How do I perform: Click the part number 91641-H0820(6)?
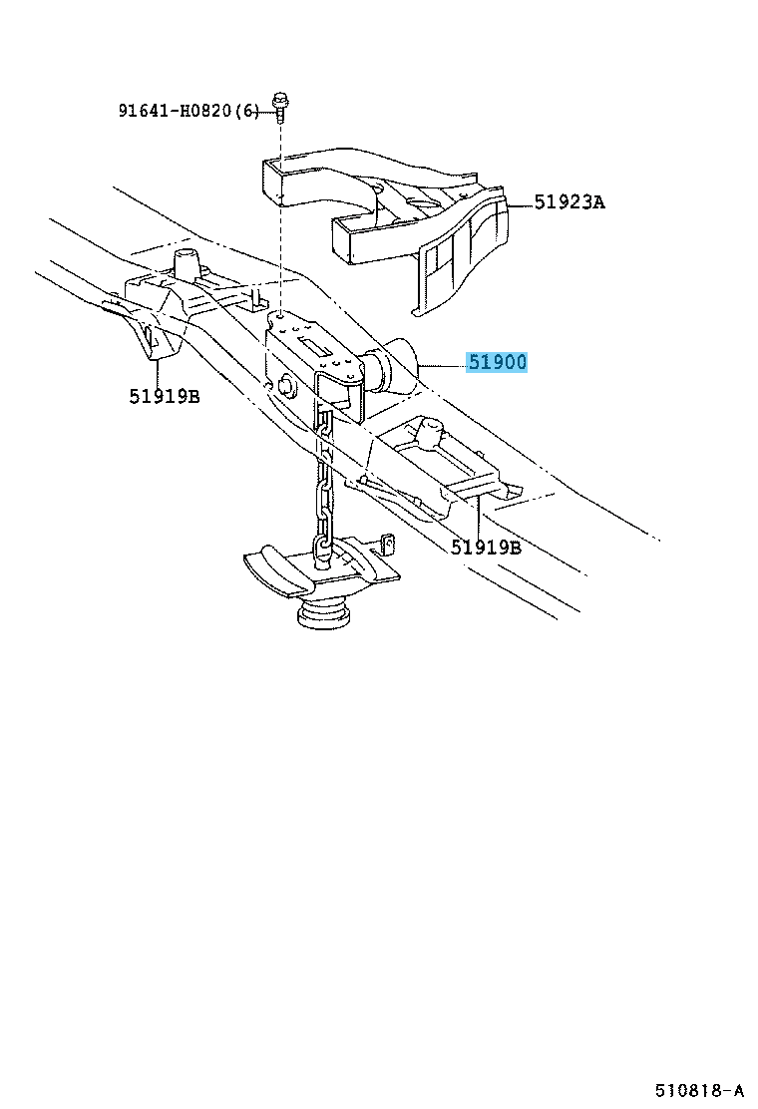coord(189,111)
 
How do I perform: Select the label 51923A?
coord(569,202)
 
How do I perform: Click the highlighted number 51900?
coord(497,362)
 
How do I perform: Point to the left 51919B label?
coord(164,396)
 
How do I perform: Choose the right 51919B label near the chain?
coord(486,547)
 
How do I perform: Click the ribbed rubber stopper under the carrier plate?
coord(324,611)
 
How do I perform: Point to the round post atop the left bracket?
coord(186,264)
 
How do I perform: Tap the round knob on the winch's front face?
coord(287,384)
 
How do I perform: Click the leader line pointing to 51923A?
coord(520,205)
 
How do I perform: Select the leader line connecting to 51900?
coord(442,366)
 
